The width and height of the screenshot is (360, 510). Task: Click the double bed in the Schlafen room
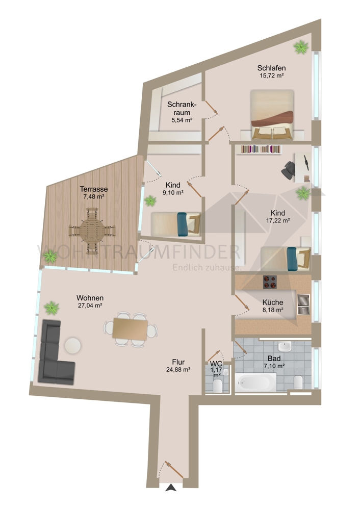pos(272,115)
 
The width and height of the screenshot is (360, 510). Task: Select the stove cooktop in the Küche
pos(269,281)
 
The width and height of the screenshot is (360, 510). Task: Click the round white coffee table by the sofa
pos(73,345)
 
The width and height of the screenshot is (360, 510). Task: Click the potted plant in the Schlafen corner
pos(301,47)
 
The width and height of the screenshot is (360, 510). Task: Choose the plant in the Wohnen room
pos(51,308)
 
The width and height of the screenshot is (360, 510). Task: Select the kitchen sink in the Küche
pos(302,304)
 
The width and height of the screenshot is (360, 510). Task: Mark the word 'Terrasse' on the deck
pos(93,189)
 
